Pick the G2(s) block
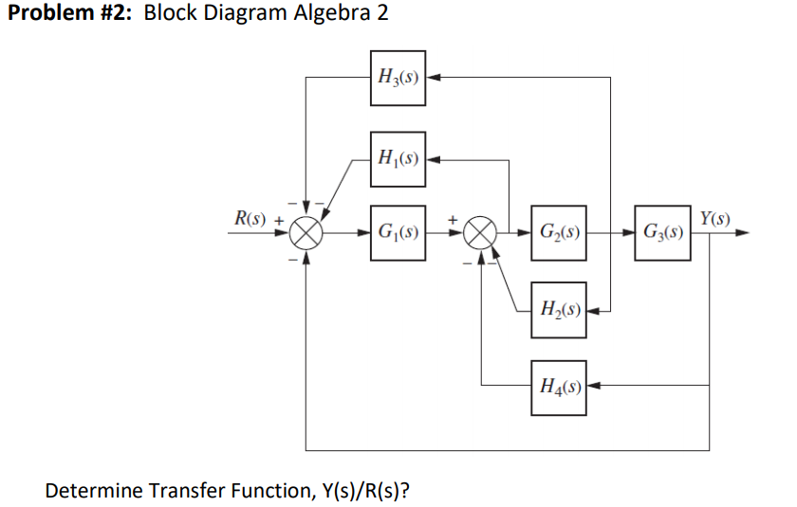click(x=558, y=231)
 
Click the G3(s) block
click(x=663, y=231)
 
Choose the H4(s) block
click(x=558, y=386)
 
